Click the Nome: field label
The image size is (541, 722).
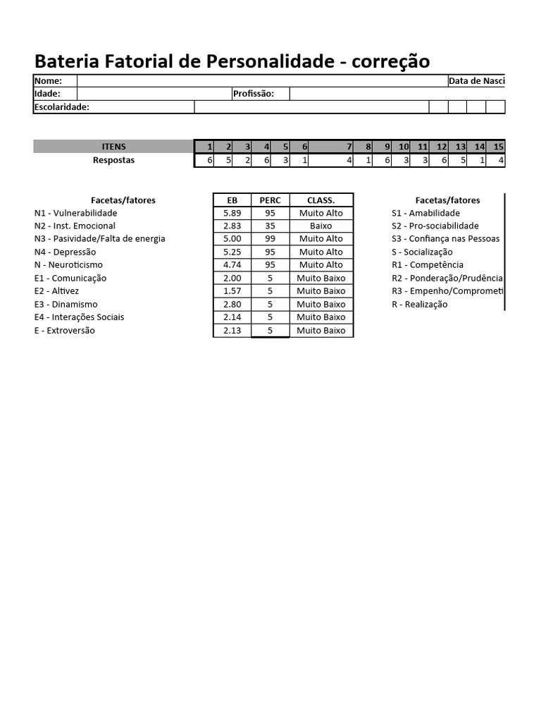point(48,81)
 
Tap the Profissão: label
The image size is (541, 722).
point(253,94)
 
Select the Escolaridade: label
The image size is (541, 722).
point(62,107)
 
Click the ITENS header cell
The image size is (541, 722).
point(114,147)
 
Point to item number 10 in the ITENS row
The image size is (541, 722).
point(404,147)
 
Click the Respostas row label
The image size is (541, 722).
point(114,160)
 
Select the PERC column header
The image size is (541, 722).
point(270,200)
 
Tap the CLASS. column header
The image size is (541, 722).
point(321,200)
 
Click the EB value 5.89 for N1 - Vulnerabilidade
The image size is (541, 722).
point(232,213)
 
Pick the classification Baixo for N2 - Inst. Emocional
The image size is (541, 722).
point(321,226)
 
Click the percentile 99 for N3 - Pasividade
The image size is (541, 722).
point(270,239)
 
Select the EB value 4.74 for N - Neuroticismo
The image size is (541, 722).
point(232,265)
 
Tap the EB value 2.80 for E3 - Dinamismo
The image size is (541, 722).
point(232,305)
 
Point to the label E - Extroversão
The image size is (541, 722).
point(64,331)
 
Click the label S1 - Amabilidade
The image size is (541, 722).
point(425,213)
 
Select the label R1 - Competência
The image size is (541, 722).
point(428,265)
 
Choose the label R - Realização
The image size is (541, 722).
point(419,305)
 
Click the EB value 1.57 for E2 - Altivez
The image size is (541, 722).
point(232,291)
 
